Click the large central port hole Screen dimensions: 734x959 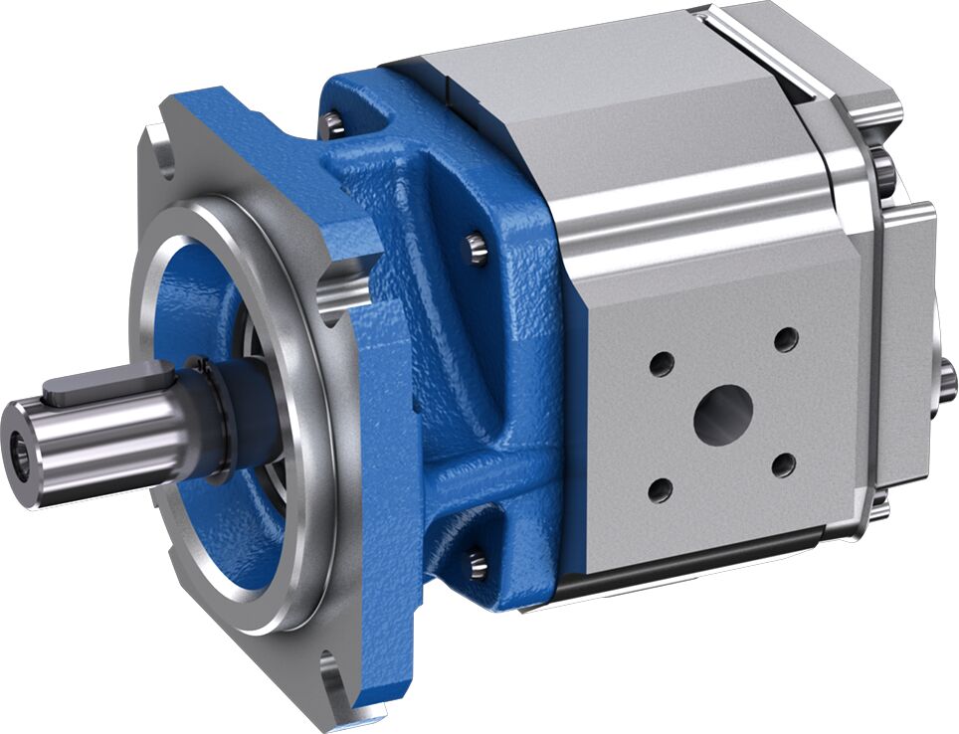[723, 415]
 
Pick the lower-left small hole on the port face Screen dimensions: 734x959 [659, 489]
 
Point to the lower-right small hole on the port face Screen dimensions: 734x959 [784, 464]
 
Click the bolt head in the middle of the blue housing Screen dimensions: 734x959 [478, 246]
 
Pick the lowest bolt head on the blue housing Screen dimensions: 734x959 [477, 564]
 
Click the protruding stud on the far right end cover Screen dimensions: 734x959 [949, 378]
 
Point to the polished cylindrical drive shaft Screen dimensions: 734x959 [99, 428]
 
